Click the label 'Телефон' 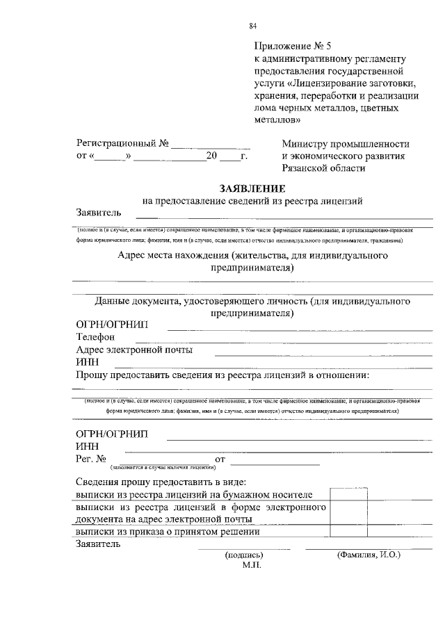tap(95, 337)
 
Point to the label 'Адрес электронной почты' tap(134, 350)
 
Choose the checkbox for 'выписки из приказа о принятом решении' tap(348, 532)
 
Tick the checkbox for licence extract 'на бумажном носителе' tap(348, 494)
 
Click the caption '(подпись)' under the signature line tap(244, 555)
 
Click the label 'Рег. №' tap(90, 459)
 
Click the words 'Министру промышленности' tap(346, 144)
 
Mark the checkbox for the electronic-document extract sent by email tap(348, 513)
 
